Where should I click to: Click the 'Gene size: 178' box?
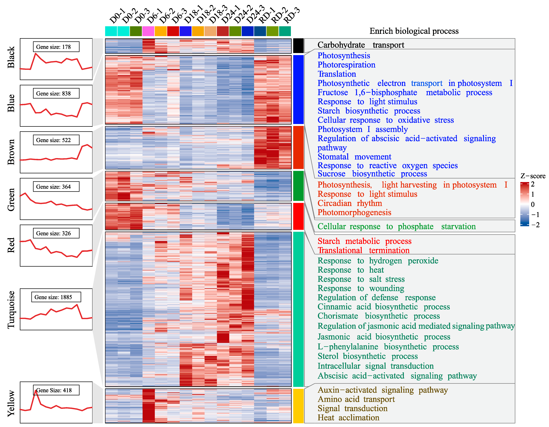tap(56, 47)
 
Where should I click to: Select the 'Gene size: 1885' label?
tap(56, 297)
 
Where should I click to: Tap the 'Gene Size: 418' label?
tap(56, 390)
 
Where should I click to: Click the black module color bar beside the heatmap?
tap(298, 46)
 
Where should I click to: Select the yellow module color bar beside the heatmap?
tap(298, 406)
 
